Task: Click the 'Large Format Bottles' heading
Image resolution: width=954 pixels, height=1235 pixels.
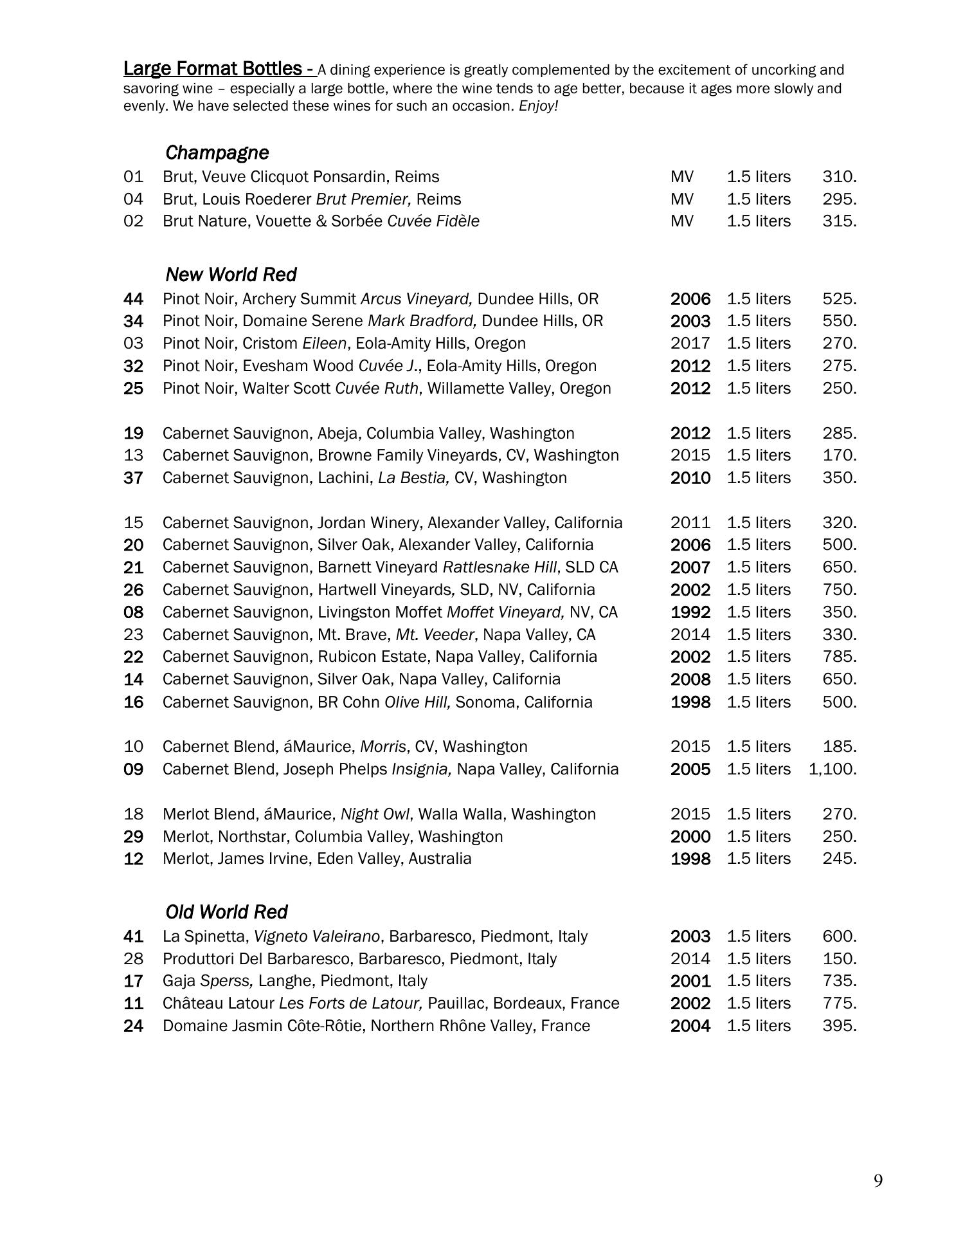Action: pyautogui.click(x=219, y=69)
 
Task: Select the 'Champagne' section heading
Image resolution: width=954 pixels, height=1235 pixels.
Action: pyautogui.click(x=217, y=153)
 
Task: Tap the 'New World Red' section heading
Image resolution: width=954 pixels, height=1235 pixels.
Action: pyautogui.click(x=231, y=275)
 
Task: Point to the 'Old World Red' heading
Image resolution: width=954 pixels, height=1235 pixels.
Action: pyautogui.click(x=226, y=912)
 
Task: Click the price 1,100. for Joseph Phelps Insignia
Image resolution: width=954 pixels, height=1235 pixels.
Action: pyautogui.click(x=833, y=769)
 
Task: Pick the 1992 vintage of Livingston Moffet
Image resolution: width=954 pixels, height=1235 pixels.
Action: pyautogui.click(x=690, y=612)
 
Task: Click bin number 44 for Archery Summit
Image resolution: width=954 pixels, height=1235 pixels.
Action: pyautogui.click(x=133, y=299)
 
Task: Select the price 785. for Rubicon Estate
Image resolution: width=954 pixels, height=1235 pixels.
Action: pyautogui.click(x=839, y=657)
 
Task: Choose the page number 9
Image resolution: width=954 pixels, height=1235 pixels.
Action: pyautogui.click(x=878, y=1181)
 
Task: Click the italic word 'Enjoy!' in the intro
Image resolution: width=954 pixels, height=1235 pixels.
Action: pyautogui.click(x=539, y=106)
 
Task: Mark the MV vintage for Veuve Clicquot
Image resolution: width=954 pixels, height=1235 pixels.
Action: pyautogui.click(x=682, y=177)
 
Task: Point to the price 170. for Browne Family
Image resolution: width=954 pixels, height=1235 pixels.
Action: pyautogui.click(x=839, y=455)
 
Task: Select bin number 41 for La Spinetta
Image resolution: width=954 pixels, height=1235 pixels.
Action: pyautogui.click(x=133, y=937)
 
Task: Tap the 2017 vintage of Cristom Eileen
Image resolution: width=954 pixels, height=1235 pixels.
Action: pyautogui.click(x=690, y=343)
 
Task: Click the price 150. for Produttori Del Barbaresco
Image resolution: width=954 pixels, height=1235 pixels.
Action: pyautogui.click(x=839, y=959)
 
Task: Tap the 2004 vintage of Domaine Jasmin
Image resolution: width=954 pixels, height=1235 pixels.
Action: pyautogui.click(x=690, y=1026)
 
